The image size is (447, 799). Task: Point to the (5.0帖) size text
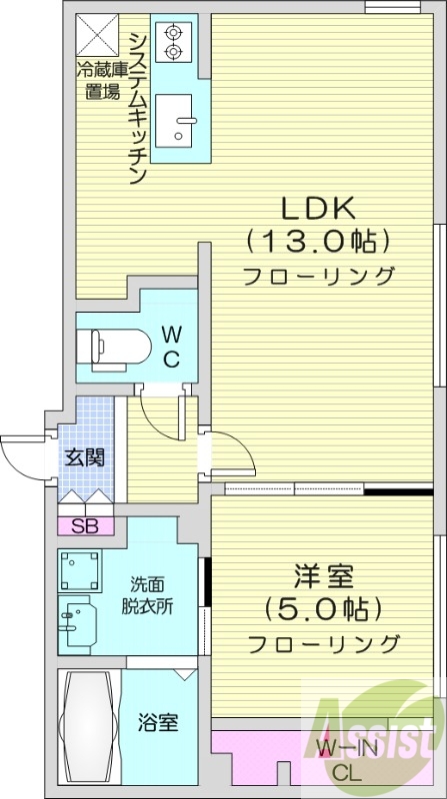(x=322, y=608)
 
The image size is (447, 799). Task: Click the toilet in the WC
(x=111, y=346)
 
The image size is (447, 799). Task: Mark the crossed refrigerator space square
(x=99, y=37)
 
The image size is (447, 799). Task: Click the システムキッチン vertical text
(x=137, y=106)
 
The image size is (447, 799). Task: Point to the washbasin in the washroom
(x=76, y=623)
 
